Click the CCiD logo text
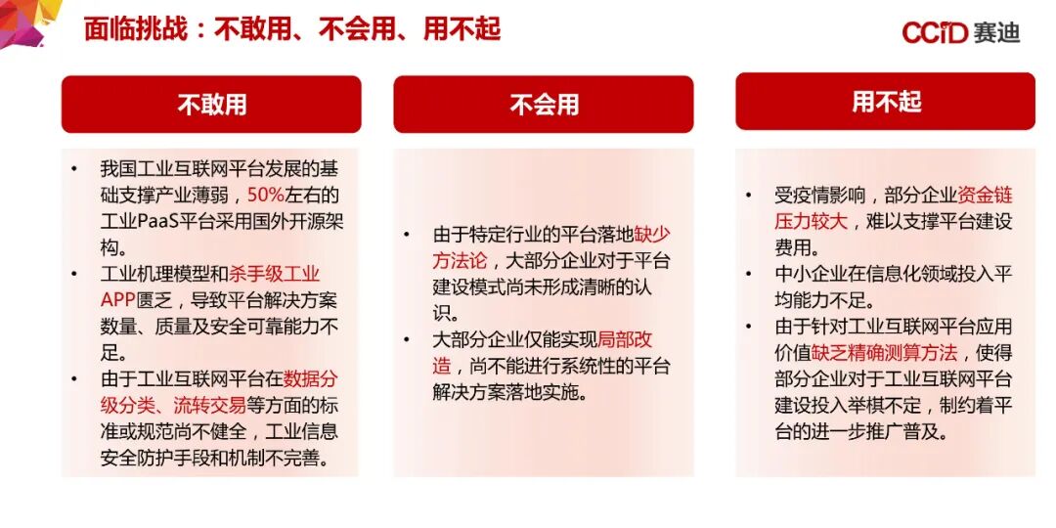pos(934,33)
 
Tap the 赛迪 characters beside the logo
pos(996,33)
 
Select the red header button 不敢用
pos(211,104)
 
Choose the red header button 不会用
pos(544,104)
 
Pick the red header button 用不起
pos(886,102)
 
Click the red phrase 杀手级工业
pos(274,274)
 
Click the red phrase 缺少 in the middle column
pos(652,235)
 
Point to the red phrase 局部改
pos(625,340)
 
